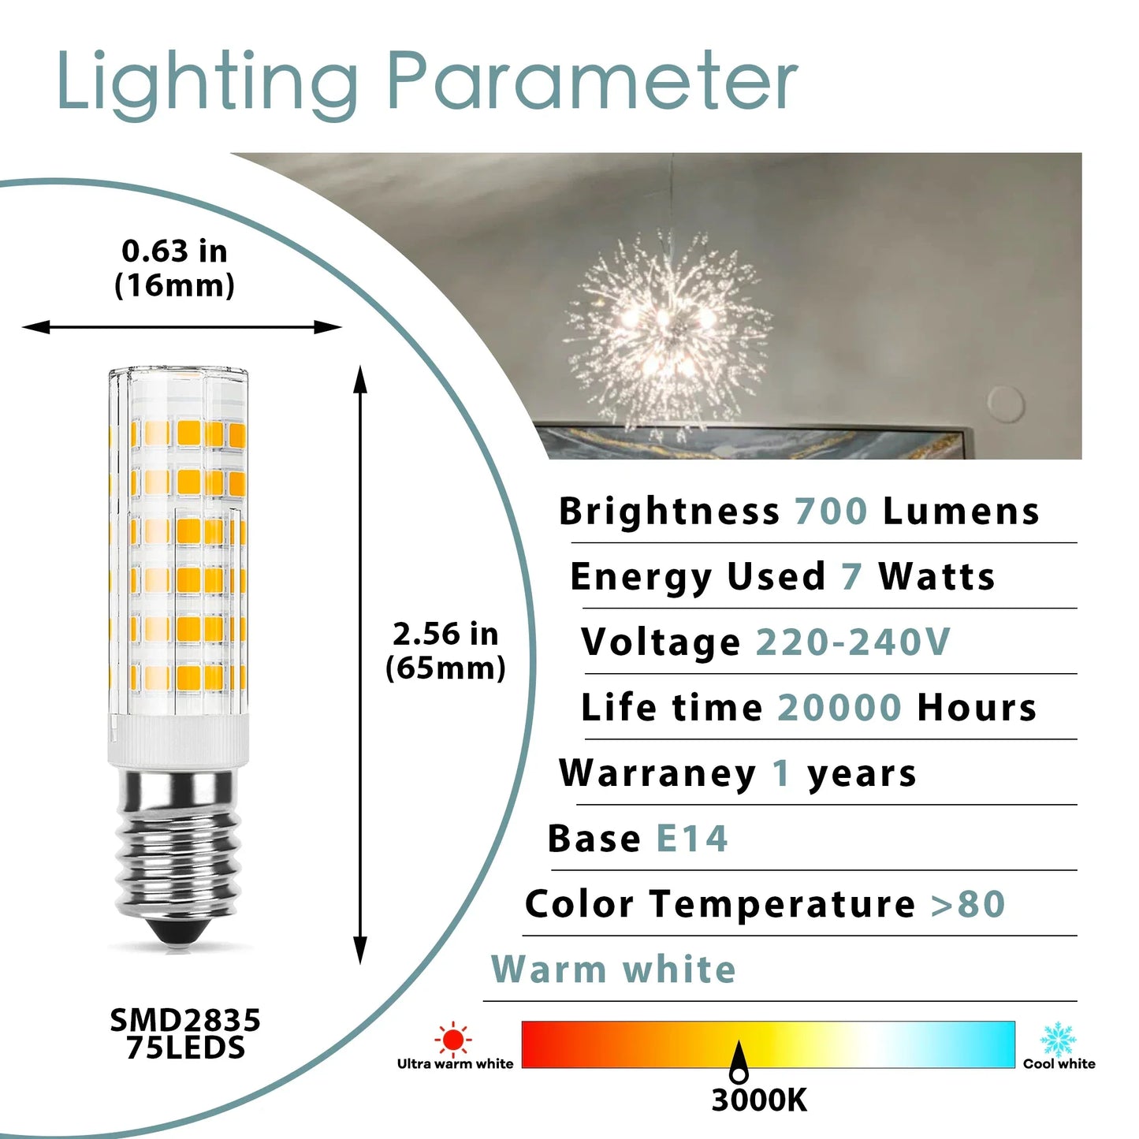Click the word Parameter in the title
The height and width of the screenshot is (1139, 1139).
592,82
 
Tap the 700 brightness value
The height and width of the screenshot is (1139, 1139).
830,512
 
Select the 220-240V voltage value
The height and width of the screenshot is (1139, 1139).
853,642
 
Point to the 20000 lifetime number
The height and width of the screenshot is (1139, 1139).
839,708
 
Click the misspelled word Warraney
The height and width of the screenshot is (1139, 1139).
657,773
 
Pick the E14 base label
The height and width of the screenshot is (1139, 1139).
691,839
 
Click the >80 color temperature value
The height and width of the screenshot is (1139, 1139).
968,904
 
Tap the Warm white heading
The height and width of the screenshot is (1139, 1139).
613,970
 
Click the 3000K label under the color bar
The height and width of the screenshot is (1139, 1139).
759,1100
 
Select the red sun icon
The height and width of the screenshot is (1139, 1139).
453,1039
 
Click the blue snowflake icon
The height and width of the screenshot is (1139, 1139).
1058,1039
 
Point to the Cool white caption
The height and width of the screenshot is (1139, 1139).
1059,1064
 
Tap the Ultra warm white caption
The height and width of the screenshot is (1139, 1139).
455,1064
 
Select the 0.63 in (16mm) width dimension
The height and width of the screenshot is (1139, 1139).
175,268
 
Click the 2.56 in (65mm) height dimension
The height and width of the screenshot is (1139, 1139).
445,651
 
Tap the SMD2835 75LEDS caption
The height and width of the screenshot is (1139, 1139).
185,1034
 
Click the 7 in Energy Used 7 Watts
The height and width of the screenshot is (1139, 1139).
851,577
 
